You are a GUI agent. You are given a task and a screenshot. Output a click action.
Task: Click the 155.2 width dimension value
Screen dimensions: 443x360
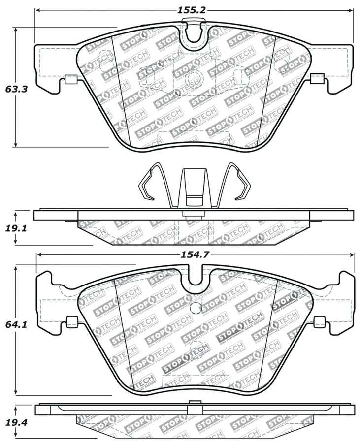(194, 9)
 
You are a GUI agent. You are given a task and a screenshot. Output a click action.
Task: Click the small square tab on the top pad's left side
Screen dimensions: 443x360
(70, 79)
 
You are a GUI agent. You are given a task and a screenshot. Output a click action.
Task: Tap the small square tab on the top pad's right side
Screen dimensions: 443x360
(317, 78)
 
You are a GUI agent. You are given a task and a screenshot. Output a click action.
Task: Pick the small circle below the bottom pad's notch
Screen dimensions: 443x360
(196, 309)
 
